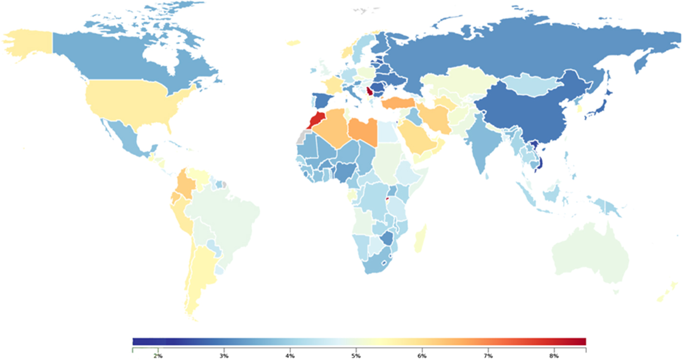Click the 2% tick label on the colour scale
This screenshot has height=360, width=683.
[x=158, y=356]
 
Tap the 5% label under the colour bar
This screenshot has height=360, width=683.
[x=356, y=356]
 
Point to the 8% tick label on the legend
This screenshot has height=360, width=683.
[x=554, y=356]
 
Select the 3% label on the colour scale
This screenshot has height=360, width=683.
[x=224, y=356]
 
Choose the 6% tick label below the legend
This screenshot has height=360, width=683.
[x=422, y=356]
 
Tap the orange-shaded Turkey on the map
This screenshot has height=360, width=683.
[x=398, y=103]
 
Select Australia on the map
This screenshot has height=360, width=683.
[x=590, y=254]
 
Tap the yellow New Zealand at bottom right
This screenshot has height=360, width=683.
[x=668, y=293]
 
